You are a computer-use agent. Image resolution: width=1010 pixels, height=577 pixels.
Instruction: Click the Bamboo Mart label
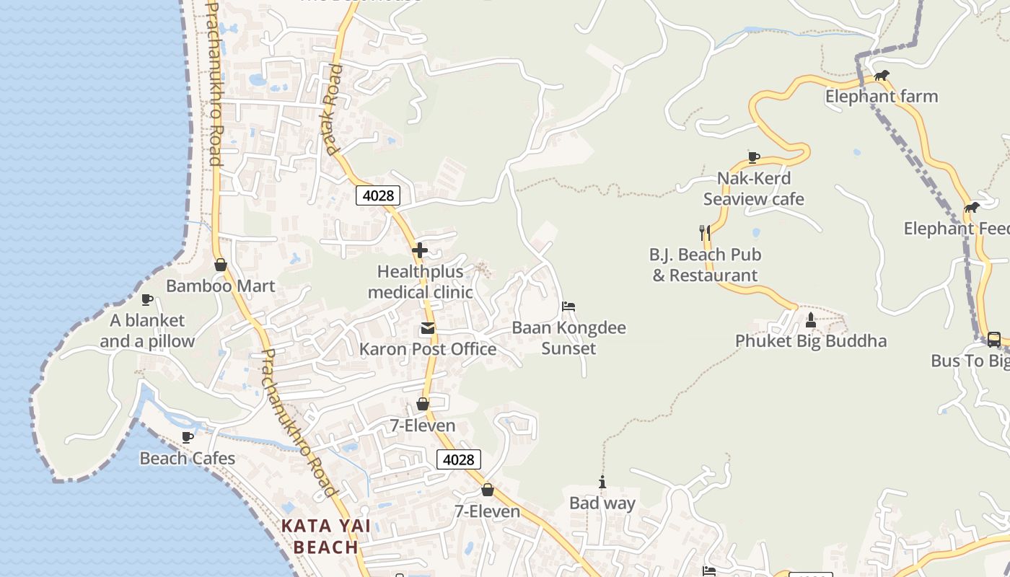coord(220,286)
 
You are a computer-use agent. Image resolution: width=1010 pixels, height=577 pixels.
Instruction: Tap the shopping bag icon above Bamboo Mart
coord(221,265)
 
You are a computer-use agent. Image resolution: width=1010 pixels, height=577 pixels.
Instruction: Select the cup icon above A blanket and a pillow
coord(147,299)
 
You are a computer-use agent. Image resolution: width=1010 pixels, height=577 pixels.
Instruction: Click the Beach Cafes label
coord(188,458)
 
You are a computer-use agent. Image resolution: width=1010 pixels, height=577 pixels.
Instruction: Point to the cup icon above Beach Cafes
coord(188,437)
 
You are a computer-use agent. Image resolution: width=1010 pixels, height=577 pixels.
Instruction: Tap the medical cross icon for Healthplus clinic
coord(420,250)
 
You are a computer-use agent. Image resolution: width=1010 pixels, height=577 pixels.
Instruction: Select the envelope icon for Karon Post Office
coord(428,328)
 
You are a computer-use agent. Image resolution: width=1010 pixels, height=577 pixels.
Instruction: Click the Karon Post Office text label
coord(428,349)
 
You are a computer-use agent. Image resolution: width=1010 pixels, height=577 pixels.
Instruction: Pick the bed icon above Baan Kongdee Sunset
coord(568,307)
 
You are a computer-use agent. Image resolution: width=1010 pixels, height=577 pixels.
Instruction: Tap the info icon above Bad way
coord(602,483)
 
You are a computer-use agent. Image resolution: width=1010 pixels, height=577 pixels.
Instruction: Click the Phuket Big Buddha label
coord(811,340)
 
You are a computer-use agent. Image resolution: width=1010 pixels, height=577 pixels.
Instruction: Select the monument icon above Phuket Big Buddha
coord(810,320)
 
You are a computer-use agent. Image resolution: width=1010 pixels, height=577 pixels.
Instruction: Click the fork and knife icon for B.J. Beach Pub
coord(705,232)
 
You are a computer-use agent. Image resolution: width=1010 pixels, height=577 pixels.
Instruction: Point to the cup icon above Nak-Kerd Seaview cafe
coord(754,157)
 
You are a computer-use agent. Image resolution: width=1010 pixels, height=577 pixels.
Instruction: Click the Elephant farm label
coord(882,96)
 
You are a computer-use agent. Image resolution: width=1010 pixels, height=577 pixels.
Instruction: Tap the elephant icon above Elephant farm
coord(882,75)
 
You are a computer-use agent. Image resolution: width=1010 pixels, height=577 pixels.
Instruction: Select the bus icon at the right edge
coord(993,339)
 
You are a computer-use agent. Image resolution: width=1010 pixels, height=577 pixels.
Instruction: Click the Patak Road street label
coord(333,110)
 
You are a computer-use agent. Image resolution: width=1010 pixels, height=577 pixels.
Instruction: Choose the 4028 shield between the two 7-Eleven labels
coord(458,459)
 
